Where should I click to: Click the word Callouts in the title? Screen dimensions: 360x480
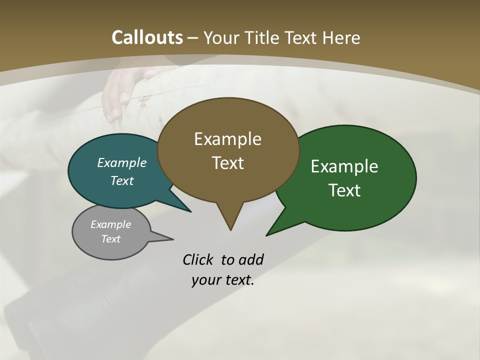coord(147,37)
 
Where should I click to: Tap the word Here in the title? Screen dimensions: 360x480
coord(342,37)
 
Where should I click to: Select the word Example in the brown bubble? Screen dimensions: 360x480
coord(227,139)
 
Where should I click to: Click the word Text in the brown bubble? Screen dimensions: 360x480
coord(227,163)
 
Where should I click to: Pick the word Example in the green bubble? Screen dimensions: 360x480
coord(344,166)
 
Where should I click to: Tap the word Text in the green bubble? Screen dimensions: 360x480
coord(344,190)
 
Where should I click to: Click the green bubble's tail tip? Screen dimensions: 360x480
coord(267,235)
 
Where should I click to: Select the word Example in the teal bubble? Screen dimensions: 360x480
coord(122,163)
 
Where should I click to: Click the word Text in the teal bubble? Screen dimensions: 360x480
coord(122,180)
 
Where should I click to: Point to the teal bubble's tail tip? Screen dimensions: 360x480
coord(190,211)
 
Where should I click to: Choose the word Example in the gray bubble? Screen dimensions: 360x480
coord(110,224)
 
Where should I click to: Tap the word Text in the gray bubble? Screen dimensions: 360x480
coord(110,239)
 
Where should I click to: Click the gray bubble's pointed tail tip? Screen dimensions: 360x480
coord(173,239)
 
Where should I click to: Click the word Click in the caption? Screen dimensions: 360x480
coord(198,260)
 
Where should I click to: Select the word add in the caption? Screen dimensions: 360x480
coord(250,260)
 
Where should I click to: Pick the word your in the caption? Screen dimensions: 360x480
coord(205,280)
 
